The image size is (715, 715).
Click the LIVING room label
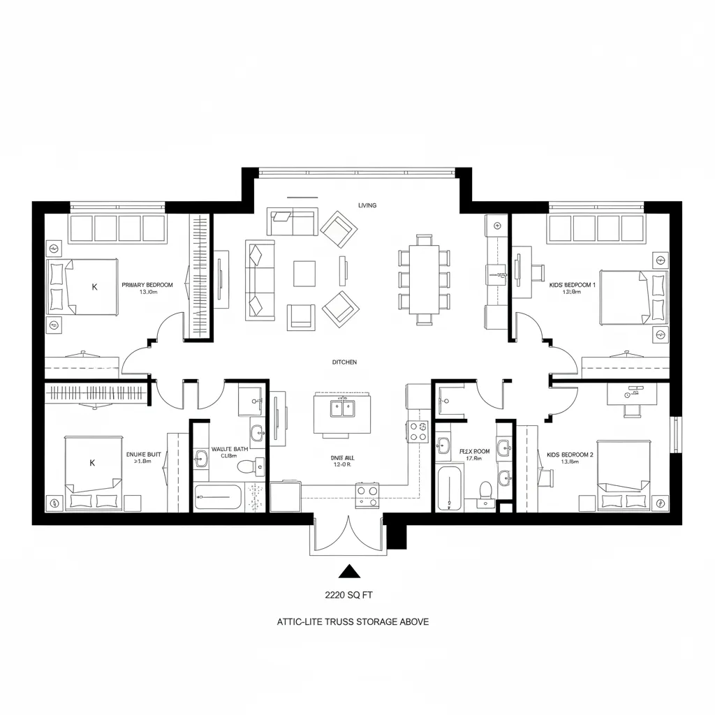(x=367, y=205)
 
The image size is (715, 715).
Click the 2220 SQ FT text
(x=348, y=596)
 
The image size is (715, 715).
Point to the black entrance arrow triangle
(x=348, y=572)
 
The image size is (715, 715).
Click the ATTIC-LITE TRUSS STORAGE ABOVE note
(x=353, y=621)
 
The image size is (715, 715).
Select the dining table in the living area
(x=424, y=279)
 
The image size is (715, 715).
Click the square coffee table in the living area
(x=304, y=273)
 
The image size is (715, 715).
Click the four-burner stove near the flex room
(x=419, y=432)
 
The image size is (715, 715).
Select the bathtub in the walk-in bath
(x=218, y=496)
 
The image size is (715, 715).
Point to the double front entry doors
(x=348, y=535)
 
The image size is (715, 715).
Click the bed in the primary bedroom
(x=82, y=287)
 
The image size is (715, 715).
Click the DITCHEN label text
(x=344, y=362)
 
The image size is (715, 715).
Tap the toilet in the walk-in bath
(x=246, y=466)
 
